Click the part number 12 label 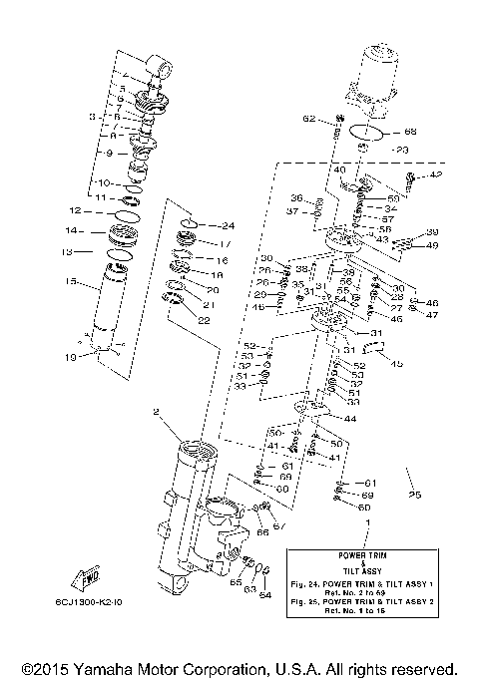point(73,211)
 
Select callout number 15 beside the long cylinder point(71,282)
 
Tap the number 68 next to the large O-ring point(410,133)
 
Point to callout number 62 point(310,119)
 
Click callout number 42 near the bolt point(436,175)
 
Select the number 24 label point(228,225)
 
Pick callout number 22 point(204,320)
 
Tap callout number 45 point(396,364)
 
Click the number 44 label point(349,419)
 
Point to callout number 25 point(415,496)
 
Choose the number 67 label point(279,525)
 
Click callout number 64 point(265,596)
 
